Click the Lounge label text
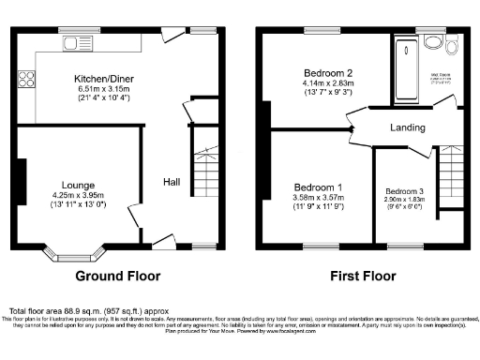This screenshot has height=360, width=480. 77,186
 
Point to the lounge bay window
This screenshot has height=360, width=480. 78,252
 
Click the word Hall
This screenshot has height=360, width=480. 172,182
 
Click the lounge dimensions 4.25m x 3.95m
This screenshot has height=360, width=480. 77,196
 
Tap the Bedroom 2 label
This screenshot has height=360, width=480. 328,73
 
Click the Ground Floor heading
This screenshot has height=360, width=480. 116,277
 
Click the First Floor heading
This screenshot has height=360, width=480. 361,277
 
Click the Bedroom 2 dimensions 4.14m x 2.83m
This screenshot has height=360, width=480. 328,83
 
